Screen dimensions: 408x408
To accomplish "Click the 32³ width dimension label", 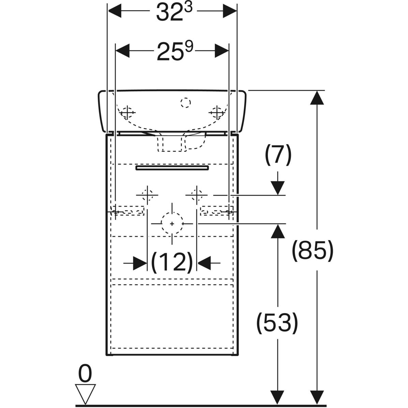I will click(174, 13).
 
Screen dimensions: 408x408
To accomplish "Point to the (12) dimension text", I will click(172, 262).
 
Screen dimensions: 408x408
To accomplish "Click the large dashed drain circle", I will click(172, 223).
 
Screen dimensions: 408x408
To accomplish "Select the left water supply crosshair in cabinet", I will click(147, 195).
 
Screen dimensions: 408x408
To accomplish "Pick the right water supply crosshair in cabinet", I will click(197, 195).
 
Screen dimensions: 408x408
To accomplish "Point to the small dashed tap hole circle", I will click(186, 102).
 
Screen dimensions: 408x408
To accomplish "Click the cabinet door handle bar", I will click(172, 168).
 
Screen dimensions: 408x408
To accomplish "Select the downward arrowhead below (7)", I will click(278, 188).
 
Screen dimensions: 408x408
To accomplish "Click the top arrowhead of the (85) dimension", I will click(318, 98).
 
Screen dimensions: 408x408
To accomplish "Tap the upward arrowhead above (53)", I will click(278, 231).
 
